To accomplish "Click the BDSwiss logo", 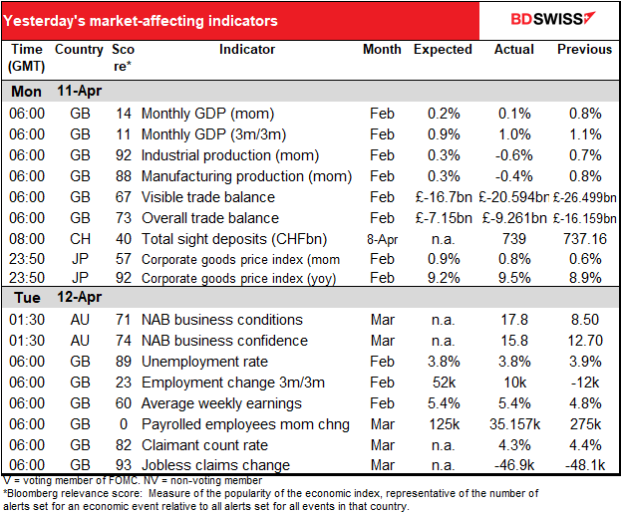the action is [x=553, y=19].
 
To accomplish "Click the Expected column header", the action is [x=443, y=50].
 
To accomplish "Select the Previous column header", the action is [x=584, y=50].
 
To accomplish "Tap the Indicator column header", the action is [x=247, y=50].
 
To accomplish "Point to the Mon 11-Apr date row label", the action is [x=56, y=92].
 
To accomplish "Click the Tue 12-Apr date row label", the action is [x=58, y=298].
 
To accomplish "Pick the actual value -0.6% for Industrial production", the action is [x=514, y=155].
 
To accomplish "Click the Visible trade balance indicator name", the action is [x=208, y=197].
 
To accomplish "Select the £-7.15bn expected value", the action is [x=444, y=218].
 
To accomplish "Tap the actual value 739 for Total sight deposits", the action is [x=514, y=239].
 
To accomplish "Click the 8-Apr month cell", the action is [x=382, y=239].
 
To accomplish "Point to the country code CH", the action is [x=80, y=239].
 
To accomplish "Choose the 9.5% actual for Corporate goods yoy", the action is [x=514, y=278].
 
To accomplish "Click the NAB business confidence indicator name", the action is [x=224, y=341].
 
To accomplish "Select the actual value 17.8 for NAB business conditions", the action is [x=514, y=320].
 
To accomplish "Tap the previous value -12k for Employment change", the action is [x=585, y=383].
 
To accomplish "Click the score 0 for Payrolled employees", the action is [x=124, y=424].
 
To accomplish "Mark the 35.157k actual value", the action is [x=515, y=424].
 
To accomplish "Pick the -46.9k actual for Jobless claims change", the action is [x=514, y=465].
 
